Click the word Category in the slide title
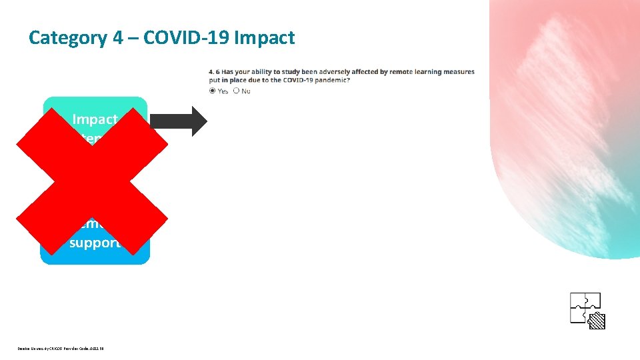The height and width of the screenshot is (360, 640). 67,38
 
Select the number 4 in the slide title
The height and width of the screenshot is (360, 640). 117,38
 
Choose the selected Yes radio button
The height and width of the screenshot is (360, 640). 213,91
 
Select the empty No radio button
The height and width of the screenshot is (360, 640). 236,91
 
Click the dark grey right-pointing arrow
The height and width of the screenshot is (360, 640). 179,121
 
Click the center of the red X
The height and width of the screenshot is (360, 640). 92,181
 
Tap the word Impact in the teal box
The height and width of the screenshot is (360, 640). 95,119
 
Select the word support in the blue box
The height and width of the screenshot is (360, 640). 95,243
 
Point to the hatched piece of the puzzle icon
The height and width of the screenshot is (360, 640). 597,321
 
